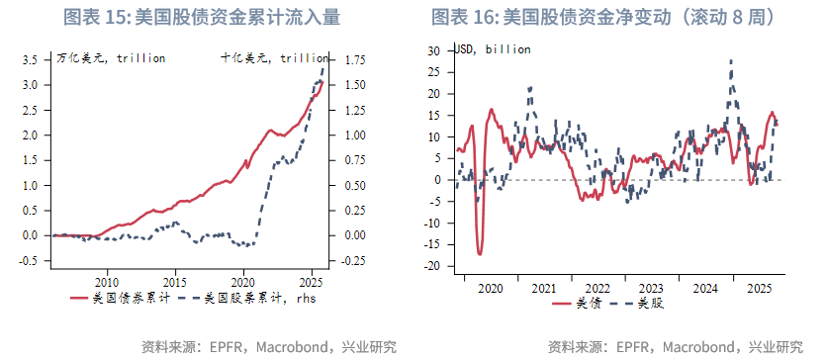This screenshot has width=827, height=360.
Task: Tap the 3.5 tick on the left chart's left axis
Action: tap(30, 59)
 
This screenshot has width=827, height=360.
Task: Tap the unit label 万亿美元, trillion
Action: tap(110, 58)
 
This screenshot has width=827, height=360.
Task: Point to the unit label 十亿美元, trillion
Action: tap(274, 58)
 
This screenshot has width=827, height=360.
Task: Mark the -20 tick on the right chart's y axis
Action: tap(431, 266)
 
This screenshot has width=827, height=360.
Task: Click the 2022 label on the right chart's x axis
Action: tap(597, 288)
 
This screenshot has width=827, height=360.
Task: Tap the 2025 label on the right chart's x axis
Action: tap(759, 288)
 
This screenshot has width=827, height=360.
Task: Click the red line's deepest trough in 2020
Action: tap(480, 254)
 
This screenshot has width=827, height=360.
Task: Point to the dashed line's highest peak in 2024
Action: tap(731, 60)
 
